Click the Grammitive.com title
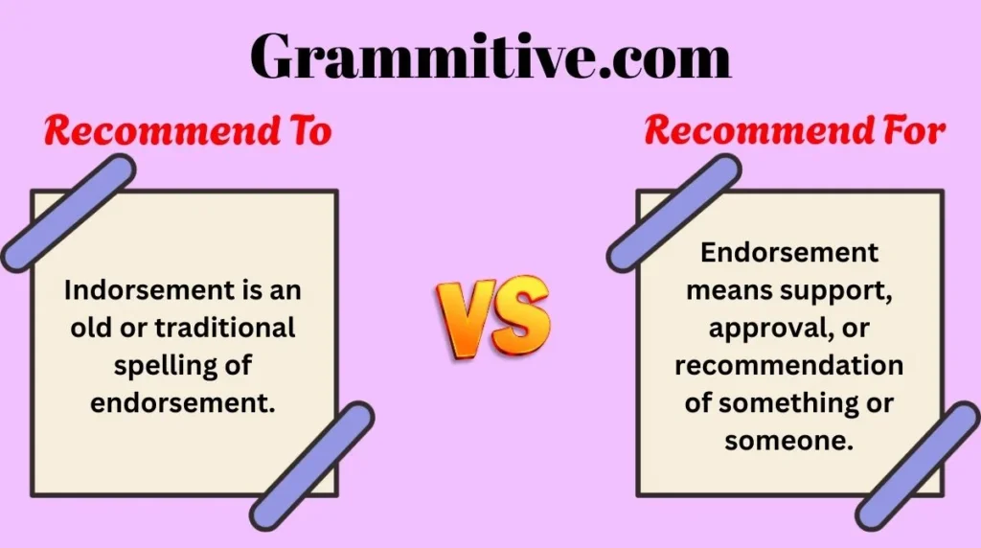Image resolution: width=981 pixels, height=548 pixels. (490, 56)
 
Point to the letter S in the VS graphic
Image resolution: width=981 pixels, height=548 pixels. (519, 314)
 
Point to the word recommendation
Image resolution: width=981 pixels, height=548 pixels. (789, 365)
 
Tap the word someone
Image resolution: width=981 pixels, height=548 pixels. (789, 441)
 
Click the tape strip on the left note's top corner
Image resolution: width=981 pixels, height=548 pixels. (68, 214)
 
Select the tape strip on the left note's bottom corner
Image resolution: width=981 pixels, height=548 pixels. (312, 466)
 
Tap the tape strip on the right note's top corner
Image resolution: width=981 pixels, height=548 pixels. (673, 214)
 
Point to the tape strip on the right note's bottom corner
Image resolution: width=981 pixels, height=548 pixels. (918, 466)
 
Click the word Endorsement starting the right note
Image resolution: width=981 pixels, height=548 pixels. (789, 253)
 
